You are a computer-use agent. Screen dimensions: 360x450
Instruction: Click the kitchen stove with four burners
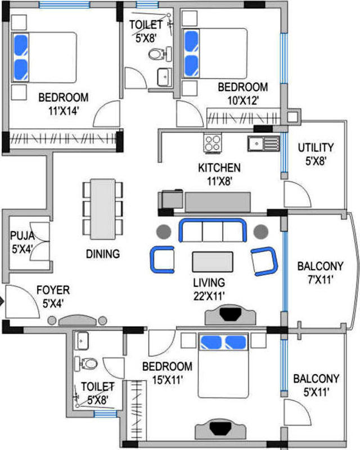[213, 143]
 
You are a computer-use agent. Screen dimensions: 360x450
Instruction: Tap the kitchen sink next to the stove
[264, 143]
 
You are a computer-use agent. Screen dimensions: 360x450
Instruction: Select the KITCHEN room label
[219, 168]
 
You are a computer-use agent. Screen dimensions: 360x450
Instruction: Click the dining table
[103, 209]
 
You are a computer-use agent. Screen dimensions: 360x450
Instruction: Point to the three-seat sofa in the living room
[213, 231]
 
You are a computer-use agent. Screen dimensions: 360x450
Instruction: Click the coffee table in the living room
[213, 262]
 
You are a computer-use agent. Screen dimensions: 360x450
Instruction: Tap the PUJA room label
[22, 236]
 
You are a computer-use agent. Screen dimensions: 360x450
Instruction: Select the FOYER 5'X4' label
[53, 296]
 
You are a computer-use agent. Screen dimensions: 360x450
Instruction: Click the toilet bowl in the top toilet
[157, 53]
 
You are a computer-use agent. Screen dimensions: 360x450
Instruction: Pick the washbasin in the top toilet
[164, 77]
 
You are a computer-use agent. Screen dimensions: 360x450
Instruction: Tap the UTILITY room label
[316, 147]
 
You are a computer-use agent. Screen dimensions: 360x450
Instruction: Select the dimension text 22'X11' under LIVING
[209, 296]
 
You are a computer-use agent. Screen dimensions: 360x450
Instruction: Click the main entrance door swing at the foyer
[22, 301]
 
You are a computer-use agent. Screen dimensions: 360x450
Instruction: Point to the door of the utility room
[298, 194]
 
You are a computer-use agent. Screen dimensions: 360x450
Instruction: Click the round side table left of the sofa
[164, 231]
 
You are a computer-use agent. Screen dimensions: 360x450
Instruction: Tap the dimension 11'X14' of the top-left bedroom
[63, 111]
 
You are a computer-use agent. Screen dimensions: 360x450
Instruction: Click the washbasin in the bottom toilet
[82, 340]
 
